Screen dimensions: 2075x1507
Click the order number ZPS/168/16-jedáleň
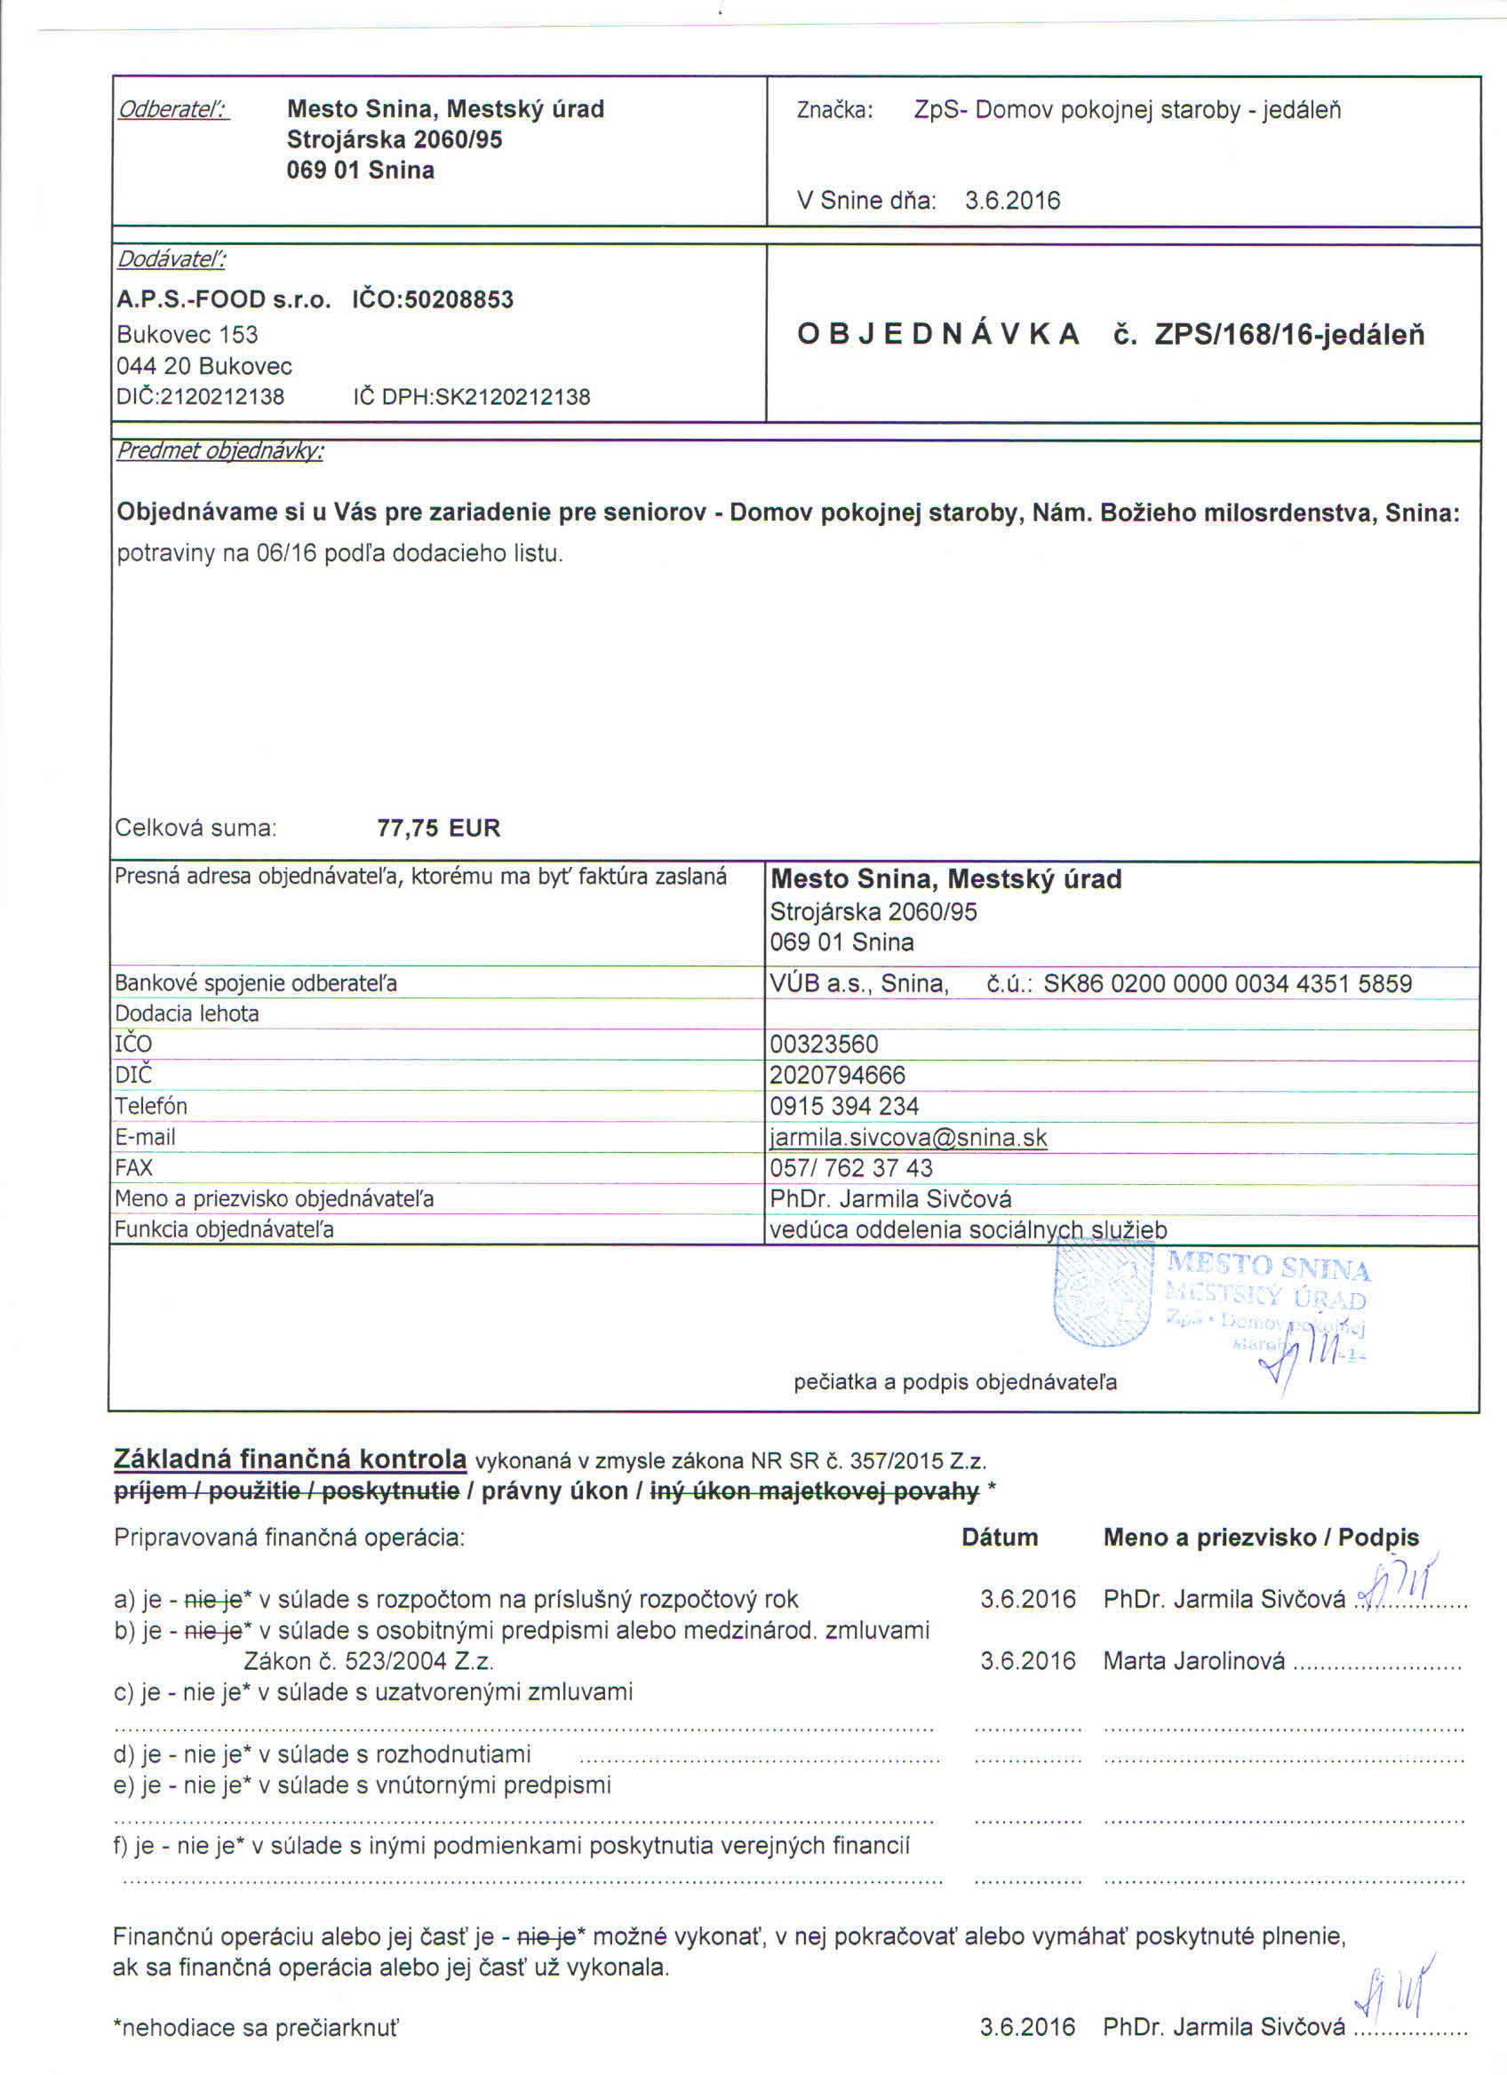tap(1289, 335)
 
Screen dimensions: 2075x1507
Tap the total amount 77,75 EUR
tap(438, 828)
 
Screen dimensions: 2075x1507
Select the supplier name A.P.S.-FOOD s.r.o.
tap(223, 300)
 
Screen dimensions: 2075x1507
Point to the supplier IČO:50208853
tap(433, 300)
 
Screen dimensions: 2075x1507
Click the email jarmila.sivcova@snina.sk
tap(908, 1137)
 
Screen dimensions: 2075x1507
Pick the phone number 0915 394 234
tap(843, 1106)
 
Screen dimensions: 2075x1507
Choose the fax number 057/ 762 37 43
tap(851, 1168)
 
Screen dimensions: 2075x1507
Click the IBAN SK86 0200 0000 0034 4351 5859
tap(1227, 983)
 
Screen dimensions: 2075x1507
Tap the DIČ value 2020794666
tap(837, 1075)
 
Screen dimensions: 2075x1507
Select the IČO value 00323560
tap(824, 1044)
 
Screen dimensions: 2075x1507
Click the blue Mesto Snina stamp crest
tap(1101, 1295)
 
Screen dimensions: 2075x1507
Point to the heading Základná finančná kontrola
tap(290, 1459)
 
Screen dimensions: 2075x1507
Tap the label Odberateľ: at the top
tap(173, 111)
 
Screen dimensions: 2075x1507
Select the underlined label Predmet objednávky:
tap(219, 451)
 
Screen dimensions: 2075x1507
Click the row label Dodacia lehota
tap(187, 1014)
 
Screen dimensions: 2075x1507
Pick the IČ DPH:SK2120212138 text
tap(471, 397)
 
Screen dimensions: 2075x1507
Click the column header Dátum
tap(999, 1537)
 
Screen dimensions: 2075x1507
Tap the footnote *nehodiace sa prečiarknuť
tap(255, 2027)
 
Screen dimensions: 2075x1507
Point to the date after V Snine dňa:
tap(1012, 201)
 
